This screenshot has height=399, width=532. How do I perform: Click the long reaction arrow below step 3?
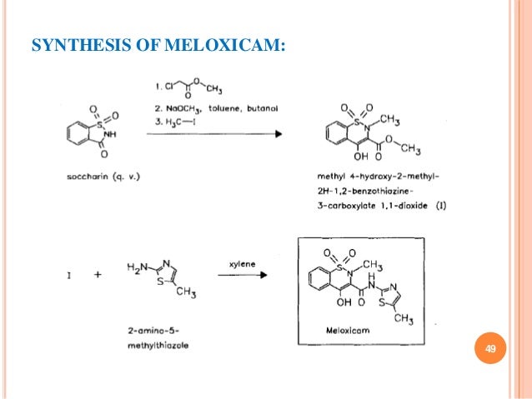pyautogui.click(x=223, y=135)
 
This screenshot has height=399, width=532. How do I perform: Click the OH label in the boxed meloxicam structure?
pyautogui.click(x=344, y=303)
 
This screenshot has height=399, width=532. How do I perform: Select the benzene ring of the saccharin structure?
pyautogui.click(x=75, y=132)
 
